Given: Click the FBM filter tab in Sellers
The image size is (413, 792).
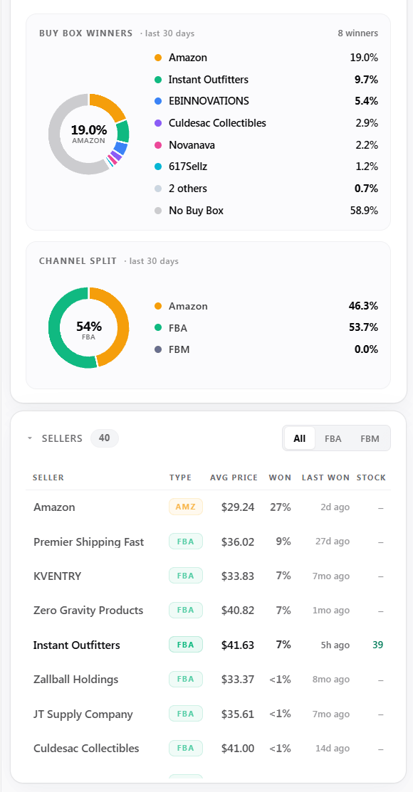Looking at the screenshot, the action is pos(370,438).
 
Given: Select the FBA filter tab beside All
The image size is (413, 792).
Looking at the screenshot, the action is pos(333,438).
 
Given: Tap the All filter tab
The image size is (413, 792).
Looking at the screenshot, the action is pos(300,438).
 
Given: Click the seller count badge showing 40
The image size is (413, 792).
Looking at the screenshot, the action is pos(105,438).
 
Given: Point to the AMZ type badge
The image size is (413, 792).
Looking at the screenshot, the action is pos(186,507).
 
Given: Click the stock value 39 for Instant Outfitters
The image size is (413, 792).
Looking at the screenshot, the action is pos(377,645).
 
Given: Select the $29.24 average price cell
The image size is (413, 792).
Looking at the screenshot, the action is pos(238,507).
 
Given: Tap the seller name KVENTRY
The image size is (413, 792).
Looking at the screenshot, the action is pos(57,576).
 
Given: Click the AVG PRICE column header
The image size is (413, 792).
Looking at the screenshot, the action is pos(234,477).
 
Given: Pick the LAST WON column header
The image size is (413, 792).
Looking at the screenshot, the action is pos(325,477).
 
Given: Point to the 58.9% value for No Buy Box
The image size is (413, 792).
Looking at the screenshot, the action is pos(364,211).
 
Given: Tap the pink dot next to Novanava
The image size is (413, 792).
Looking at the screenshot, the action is pos(158,145).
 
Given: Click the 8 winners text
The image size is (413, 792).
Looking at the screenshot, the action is pos(358,33).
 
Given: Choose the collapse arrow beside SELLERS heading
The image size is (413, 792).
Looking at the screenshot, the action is pos(31,438).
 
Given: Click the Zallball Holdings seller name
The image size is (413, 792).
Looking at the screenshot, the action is pos(75,680).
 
